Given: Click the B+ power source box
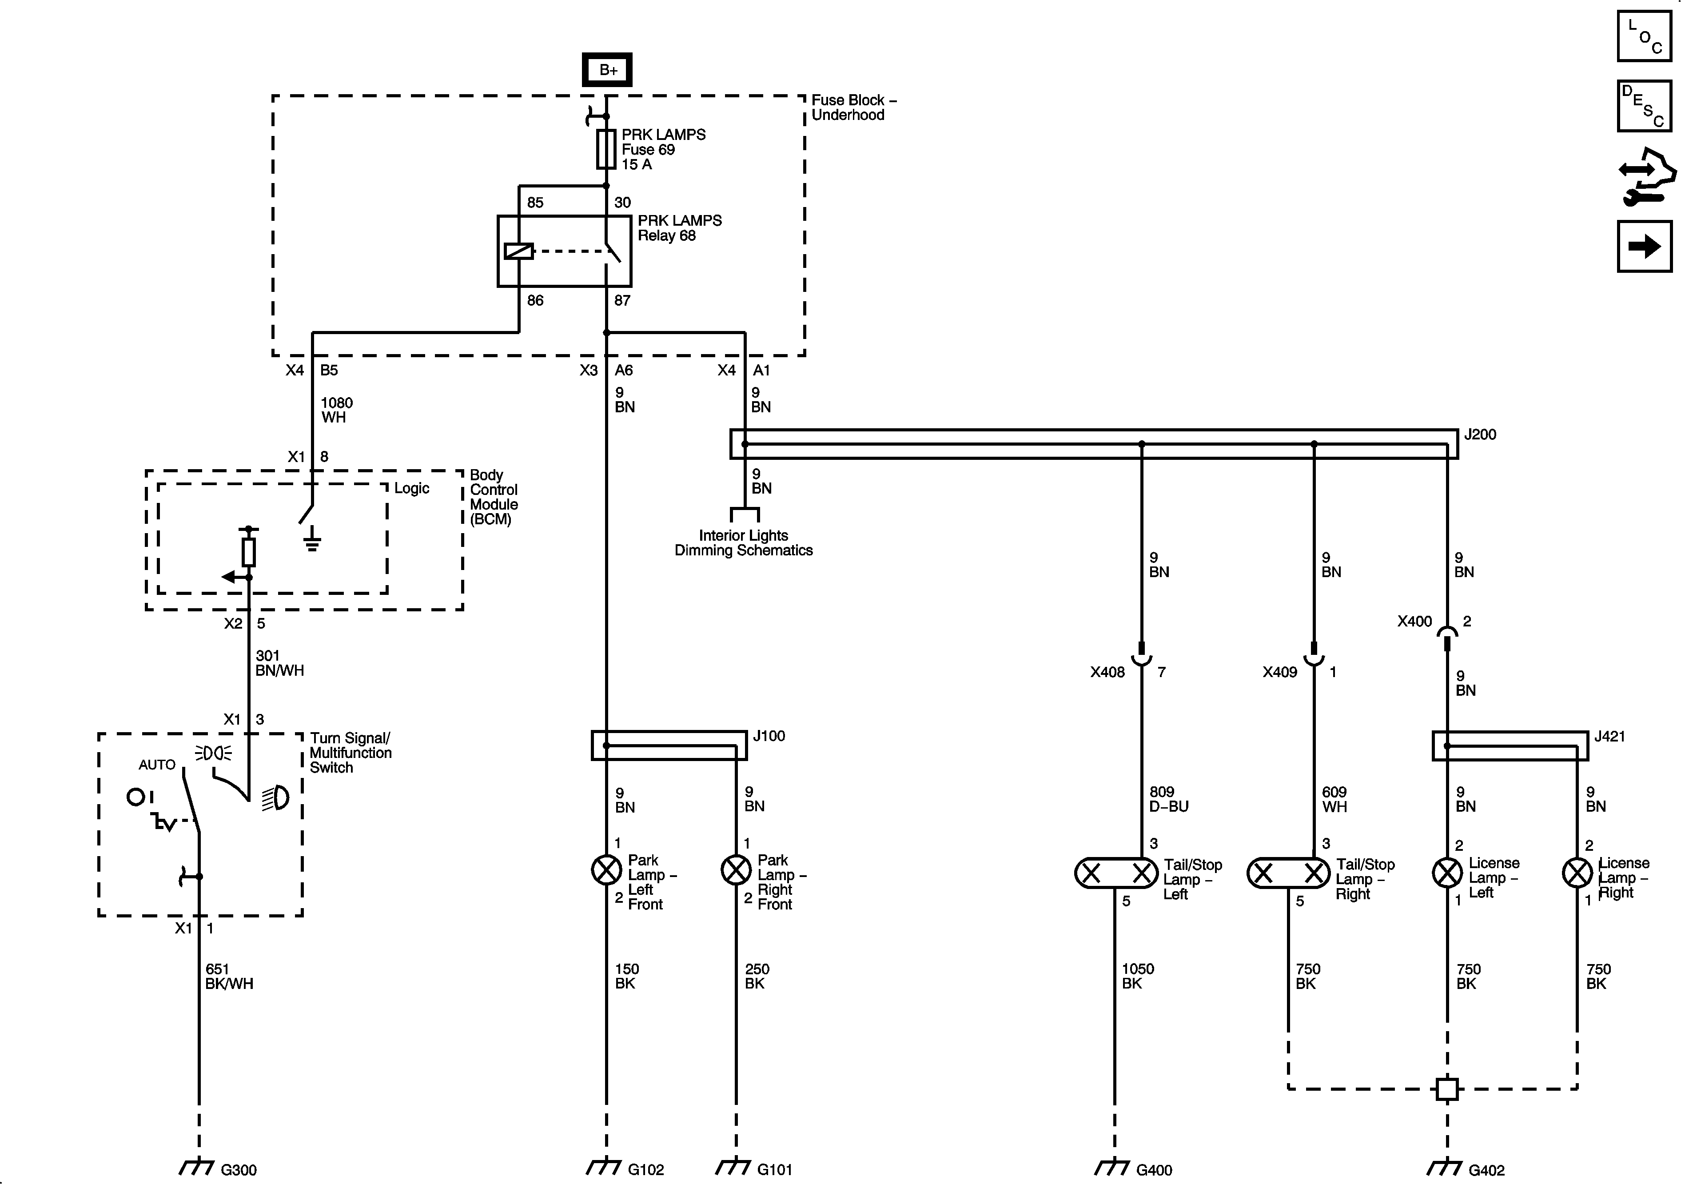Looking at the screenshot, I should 607,70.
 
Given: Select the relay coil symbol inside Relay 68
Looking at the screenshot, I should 518,251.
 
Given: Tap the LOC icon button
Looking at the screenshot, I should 1645,36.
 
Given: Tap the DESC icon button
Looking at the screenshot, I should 1645,106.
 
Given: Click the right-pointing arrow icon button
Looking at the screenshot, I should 1645,246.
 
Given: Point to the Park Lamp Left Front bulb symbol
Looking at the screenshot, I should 606,870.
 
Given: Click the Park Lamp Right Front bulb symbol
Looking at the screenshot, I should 736,870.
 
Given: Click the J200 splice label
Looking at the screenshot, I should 1480,434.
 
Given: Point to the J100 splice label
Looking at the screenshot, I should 769,736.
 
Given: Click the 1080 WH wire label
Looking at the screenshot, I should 336,410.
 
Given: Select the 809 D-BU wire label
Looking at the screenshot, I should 1168,799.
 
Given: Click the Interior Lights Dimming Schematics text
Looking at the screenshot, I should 743,542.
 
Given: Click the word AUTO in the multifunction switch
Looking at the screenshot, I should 157,765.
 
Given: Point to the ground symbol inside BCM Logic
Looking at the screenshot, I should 312,540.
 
